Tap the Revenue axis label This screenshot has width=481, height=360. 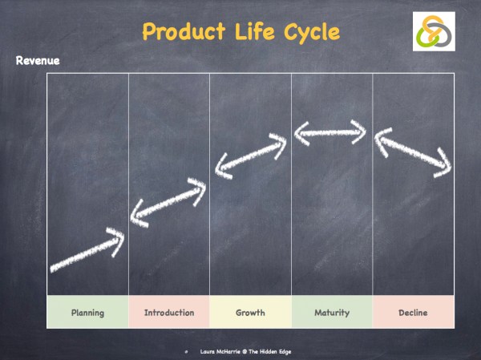[x=38, y=61]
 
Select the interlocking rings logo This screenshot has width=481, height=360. [x=434, y=32]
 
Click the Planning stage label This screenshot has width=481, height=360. [x=87, y=313]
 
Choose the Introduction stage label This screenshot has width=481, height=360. [x=169, y=313]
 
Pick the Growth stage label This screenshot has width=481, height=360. [x=250, y=313]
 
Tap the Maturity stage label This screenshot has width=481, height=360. [x=332, y=313]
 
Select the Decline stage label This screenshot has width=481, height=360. [x=413, y=313]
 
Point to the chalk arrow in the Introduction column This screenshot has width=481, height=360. [x=168, y=204]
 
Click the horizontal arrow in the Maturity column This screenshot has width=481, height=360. [x=331, y=132]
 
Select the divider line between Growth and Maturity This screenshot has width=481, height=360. [x=292, y=184]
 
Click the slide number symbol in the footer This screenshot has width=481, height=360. [x=185, y=351]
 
